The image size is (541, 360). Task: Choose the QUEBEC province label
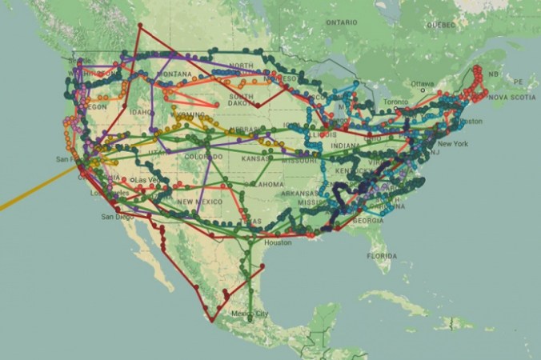(441, 25)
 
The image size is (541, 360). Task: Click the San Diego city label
(114, 217)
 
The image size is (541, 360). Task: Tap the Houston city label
(279, 242)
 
